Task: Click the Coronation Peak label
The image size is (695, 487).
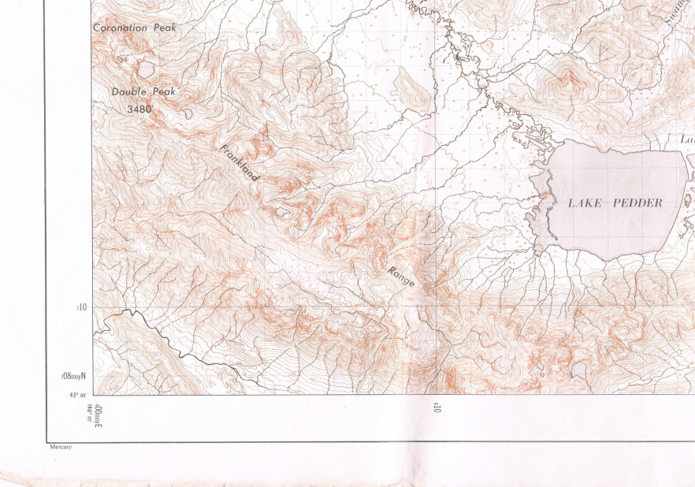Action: point(135,28)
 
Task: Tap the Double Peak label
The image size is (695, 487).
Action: point(143,91)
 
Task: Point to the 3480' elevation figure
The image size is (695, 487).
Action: point(139,110)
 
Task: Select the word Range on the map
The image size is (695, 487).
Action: point(400,276)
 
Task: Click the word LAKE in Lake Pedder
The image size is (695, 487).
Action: point(585,203)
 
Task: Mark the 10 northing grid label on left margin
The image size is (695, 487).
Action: point(81,307)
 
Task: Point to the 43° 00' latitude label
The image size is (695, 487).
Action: point(77,395)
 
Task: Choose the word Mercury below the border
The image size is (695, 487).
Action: point(61,447)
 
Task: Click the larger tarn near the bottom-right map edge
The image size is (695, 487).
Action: point(580,370)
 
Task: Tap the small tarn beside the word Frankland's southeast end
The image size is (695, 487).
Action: point(281,210)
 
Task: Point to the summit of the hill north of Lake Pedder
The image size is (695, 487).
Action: point(567,78)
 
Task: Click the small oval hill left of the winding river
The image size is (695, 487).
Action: point(412,89)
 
